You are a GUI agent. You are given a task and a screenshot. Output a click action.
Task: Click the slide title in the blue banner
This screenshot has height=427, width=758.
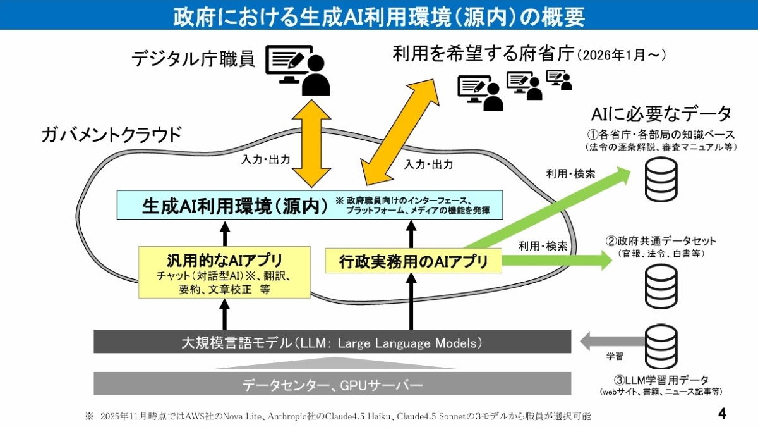point(379,16)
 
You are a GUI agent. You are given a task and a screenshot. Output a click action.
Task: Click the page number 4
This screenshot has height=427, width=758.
point(722,414)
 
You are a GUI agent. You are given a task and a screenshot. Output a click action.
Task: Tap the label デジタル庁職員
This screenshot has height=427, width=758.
point(193,59)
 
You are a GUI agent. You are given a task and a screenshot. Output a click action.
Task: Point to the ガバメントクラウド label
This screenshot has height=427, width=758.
point(112,135)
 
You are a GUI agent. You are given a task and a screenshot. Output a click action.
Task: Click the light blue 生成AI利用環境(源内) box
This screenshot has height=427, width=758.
point(310,205)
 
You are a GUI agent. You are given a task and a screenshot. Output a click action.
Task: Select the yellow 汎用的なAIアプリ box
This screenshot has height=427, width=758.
point(224,272)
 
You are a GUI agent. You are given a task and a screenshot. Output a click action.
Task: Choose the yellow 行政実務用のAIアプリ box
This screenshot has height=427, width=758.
point(413,261)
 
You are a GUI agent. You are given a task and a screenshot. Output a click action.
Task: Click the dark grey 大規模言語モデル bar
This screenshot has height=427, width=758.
point(332,342)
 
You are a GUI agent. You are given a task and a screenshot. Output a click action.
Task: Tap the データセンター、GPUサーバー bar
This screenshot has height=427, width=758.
point(332,383)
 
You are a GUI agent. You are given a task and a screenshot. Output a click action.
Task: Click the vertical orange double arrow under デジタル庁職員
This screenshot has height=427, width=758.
point(311,144)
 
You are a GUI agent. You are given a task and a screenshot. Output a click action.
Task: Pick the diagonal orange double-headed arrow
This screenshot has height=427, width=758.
point(399,132)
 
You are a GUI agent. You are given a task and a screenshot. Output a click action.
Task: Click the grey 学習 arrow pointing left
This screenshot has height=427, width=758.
point(613,341)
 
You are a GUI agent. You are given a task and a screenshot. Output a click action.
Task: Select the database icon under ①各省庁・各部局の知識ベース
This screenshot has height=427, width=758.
point(661,180)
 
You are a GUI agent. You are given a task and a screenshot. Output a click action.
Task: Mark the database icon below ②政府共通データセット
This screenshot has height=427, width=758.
point(661,287)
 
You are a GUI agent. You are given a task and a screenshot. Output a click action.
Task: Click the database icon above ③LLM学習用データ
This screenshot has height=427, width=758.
point(661,347)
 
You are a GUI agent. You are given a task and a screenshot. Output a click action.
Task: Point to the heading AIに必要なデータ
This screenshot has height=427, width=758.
point(661,114)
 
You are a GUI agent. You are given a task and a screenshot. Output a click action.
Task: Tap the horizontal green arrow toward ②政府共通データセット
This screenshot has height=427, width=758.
point(557,260)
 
